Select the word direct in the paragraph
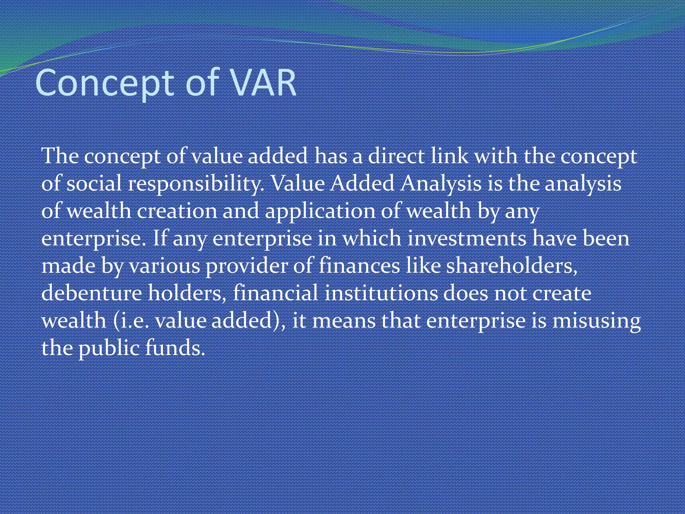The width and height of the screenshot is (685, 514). (x=396, y=156)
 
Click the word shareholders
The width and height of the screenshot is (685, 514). (x=512, y=266)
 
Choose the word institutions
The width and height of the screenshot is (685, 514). (x=381, y=293)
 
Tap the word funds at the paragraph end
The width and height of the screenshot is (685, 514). (x=175, y=348)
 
